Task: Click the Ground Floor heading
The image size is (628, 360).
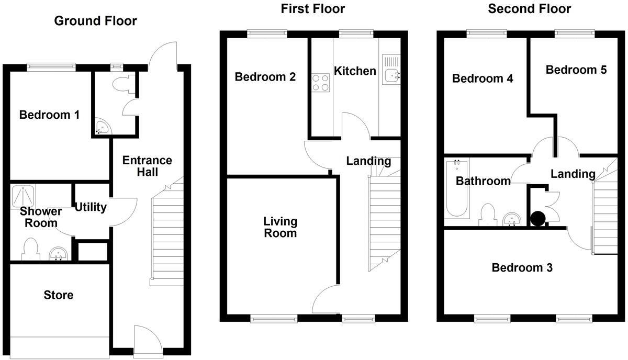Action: click(x=95, y=21)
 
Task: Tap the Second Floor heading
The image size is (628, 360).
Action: click(x=529, y=9)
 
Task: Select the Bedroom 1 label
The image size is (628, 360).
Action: click(x=49, y=115)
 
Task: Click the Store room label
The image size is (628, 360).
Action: click(x=59, y=295)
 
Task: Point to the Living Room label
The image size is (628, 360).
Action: click(x=280, y=227)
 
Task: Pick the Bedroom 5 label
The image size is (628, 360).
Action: click(x=576, y=70)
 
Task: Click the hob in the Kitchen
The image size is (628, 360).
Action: click(x=321, y=83)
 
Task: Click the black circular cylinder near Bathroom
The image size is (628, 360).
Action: click(x=537, y=218)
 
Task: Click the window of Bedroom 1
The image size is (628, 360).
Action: click(x=51, y=66)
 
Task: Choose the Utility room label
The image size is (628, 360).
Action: click(x=90, y=207)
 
